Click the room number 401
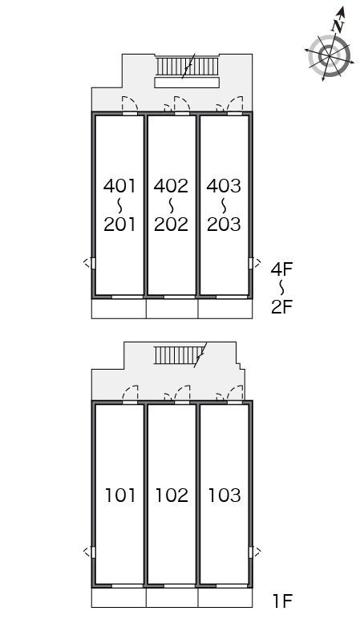[x=119, y=186]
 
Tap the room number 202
[x=171, y=225]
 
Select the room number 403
[x=224, y=186]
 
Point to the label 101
[x=120, y=496]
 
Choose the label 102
[x=172, y=496]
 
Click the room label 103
[x=224, y=496]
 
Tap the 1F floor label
[x=282, y=601]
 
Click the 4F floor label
[x=281, y=269]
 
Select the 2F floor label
[x=281, y=307]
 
